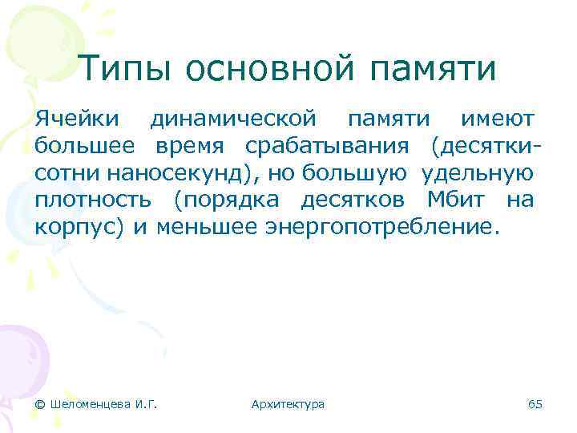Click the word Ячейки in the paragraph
(78, 120)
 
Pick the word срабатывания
(329, 148)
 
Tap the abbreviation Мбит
(446, 200)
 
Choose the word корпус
(75, 227)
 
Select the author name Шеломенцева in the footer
(88, 404)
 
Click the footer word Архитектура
(288, 404)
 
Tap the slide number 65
(535, 404)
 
